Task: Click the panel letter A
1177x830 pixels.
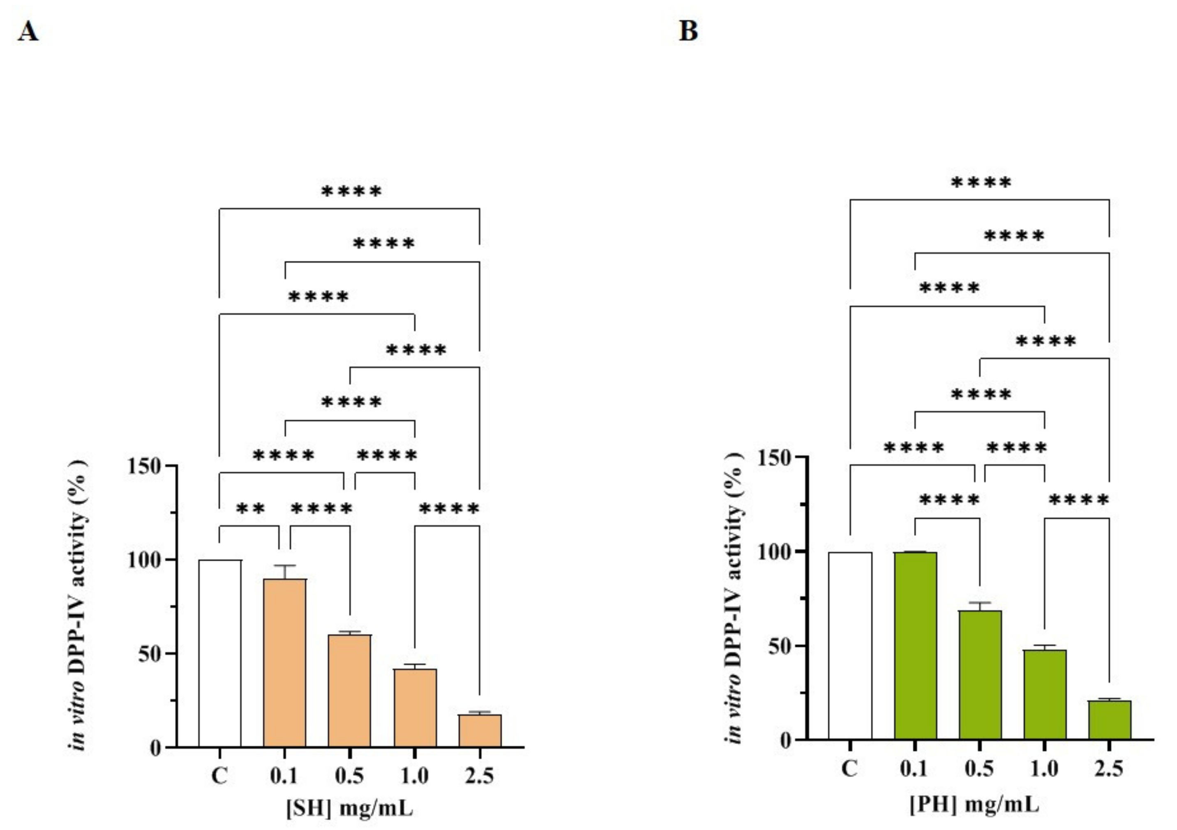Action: click(x=28, y=32)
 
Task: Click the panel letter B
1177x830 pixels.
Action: click(x=688, y=32)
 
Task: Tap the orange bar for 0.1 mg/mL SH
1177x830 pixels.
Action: click(x=284, y=662)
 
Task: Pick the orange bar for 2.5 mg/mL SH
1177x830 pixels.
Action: click(x=480, y=730)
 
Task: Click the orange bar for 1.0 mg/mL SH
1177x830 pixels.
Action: click(x=415, y=708)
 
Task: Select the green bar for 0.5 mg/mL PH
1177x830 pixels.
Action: click(x=980, y=674)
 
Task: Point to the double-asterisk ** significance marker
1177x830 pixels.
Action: click(x=251, y=509)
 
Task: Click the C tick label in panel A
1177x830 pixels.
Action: click(x=219, y=776)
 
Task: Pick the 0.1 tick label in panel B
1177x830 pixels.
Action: click(x=914, y=768)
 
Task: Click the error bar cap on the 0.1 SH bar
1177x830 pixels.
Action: click(x=284, y=565)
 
